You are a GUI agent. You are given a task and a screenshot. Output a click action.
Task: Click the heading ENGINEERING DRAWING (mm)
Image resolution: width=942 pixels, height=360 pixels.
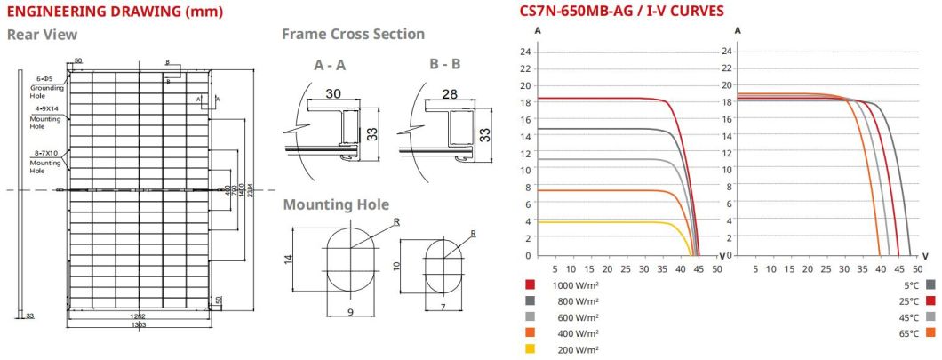tap(115, 12)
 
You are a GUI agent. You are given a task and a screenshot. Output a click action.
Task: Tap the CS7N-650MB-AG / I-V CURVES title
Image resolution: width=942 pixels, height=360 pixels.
tap(621, 12)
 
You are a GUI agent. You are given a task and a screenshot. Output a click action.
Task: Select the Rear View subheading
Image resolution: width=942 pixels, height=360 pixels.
tap(42, 35)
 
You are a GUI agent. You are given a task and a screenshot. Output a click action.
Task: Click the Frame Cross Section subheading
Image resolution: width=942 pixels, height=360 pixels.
tap(353, 34)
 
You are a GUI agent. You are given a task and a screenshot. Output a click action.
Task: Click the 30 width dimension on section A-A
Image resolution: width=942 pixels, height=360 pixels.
tap(333, 93)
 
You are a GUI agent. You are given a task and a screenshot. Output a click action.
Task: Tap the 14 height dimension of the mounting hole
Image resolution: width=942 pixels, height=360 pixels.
tap(288, 259)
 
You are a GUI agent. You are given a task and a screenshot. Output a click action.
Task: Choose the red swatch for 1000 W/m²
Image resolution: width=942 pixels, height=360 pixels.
tap(531, 284)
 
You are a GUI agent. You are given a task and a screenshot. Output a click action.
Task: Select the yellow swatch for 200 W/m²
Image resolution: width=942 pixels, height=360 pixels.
tap(531, 349)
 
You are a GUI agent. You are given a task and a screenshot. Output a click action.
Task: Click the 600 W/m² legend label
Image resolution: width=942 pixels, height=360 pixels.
tap(576, 317)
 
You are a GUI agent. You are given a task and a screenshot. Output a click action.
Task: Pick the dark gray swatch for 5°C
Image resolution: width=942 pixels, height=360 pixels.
tap(930, 284)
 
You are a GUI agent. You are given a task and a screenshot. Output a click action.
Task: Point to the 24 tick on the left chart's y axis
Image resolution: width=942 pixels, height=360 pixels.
tap(525, 52)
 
